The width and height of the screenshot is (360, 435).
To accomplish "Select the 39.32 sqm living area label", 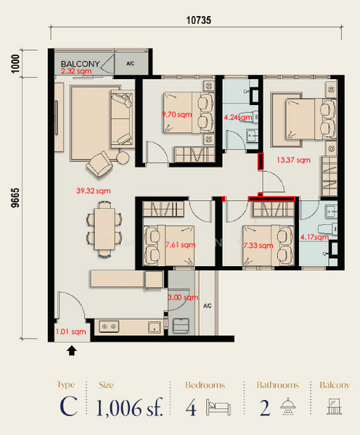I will click(x=92, y=191).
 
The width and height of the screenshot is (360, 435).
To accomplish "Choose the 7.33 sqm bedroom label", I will click(x=259, y=246).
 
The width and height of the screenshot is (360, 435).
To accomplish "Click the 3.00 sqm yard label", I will click(x=184, y=297).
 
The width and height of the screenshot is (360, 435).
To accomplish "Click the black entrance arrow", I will click(x=72, y=352).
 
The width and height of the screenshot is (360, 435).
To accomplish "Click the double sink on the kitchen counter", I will click(x=110, y=327).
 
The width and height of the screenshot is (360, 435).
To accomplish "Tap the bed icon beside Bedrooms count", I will click(x=217, y=407).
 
